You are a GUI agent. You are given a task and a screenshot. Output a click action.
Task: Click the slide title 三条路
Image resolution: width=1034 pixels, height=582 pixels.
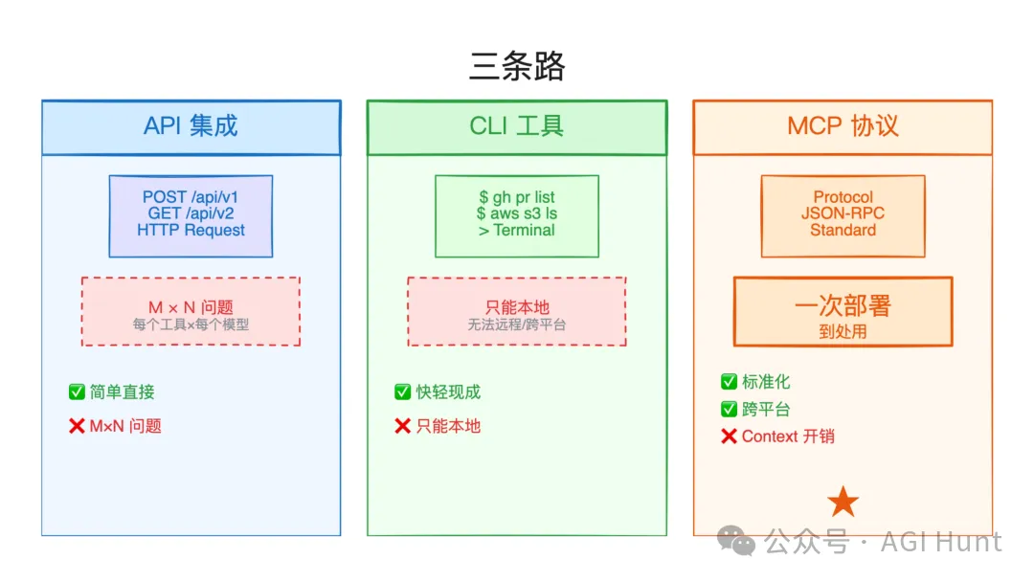click(x=517, y=67)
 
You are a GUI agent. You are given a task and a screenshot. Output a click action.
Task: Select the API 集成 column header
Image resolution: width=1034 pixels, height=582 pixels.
click(x=191, y=126)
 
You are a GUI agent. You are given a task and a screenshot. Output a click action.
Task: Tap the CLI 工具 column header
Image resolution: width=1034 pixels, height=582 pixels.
click(x=516, y=126)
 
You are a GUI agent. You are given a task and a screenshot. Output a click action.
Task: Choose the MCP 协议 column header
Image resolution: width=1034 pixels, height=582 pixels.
click(x=843, y=126)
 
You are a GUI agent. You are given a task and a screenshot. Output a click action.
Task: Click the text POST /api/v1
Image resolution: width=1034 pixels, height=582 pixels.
click(x=191, y=198)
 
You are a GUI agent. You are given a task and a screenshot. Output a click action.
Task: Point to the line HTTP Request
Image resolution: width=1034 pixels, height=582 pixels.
click(x=191, y=231)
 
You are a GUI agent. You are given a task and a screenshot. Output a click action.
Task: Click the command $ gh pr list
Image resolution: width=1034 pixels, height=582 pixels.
click(x=516, y=198)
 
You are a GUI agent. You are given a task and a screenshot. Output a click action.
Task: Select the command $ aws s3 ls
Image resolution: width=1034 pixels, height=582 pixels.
click(x=516, y=214)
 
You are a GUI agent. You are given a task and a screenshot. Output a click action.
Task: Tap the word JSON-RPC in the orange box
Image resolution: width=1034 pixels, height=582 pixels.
click(x=843, y=214)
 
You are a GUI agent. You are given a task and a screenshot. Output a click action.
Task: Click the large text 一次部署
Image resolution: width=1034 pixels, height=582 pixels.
click(x=843, y=305)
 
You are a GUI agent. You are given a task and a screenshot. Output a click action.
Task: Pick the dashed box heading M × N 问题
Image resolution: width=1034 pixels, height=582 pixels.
click(x=191, y=307)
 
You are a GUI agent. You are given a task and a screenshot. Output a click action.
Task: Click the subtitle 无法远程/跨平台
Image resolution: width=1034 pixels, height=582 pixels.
click(x=516, y=325)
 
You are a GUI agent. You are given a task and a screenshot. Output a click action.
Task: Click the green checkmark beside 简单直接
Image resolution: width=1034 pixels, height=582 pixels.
click(x=77, y=392)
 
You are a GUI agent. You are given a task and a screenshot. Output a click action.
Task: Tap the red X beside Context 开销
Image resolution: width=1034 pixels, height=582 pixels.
click(x=729, y=436)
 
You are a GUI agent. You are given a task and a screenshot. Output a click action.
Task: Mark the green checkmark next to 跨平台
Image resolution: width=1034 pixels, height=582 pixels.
click(x=729, y=410)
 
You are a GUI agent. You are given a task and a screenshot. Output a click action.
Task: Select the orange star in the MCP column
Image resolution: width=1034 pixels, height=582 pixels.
click(x=843, y=502)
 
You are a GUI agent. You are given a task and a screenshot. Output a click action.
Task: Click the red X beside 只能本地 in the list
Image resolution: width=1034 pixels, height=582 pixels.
click(x=402, y=426)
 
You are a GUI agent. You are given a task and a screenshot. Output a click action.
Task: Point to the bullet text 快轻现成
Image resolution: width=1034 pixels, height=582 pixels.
click(x=448, y=392)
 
